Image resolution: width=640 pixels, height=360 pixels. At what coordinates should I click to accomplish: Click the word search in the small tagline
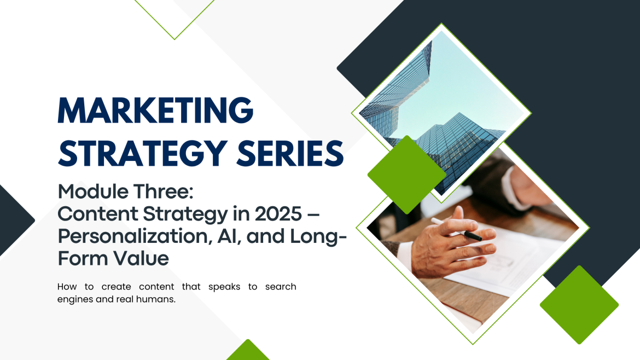(280, 287)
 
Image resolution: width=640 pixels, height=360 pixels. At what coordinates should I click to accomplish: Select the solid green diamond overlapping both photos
(406, 175)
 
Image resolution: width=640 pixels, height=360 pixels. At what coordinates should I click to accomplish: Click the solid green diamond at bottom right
(579, 305)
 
